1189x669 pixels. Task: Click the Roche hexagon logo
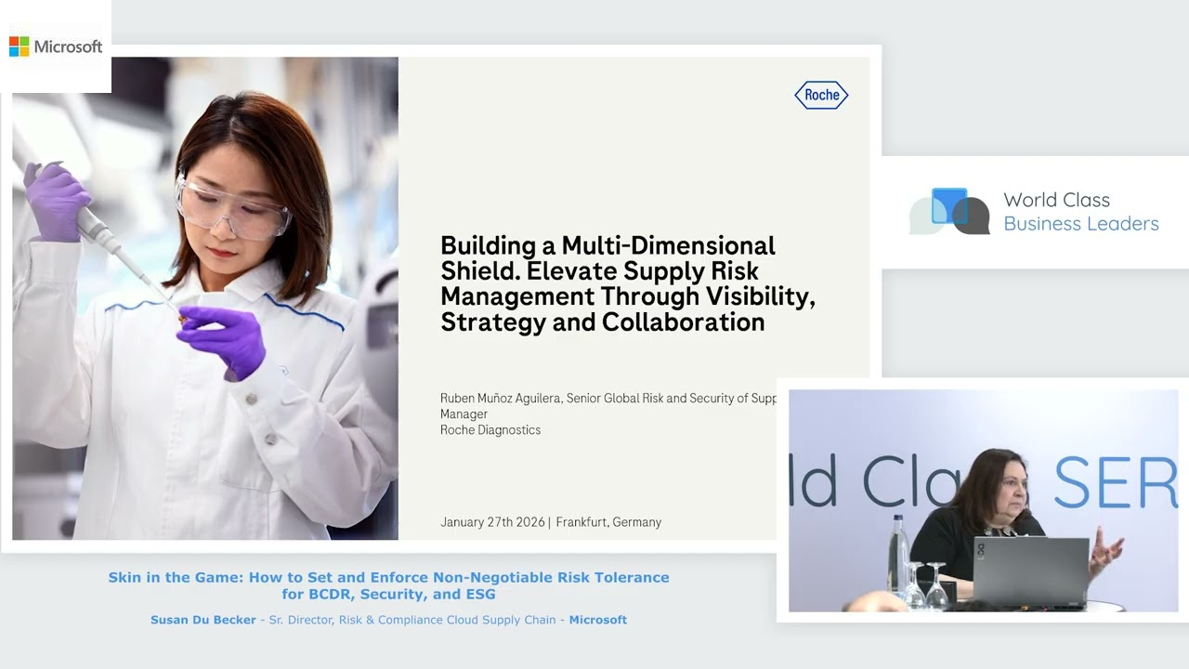click(821, 95)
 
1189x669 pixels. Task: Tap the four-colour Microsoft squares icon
click(19, 46)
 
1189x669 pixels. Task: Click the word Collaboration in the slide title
click(683, 322)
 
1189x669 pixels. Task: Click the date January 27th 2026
click(492, 522)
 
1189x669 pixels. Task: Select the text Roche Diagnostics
click(490, 430)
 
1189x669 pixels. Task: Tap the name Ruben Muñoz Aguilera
click(501, 399)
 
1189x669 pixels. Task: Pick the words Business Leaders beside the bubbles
click(1081, 224)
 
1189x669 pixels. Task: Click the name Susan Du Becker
click(203, 620)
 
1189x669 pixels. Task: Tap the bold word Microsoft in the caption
click(598, 620)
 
